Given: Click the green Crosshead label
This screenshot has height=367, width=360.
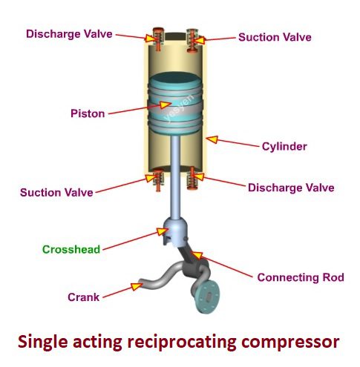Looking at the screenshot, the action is click(x=71, y=249).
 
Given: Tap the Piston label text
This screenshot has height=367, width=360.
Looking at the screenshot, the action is click(x=88, y=113).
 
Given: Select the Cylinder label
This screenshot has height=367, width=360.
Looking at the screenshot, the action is click(x=284, y=147).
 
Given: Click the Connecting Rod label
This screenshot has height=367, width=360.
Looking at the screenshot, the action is click(x=301, y=277).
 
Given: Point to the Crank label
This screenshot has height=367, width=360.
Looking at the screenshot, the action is click(x=84, y=297).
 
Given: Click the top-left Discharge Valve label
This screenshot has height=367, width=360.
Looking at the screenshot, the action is click(x=69, y=34).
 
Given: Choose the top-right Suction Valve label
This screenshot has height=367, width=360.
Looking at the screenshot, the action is click(x=275, y=37).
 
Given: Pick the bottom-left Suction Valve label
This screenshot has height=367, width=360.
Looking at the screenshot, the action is click(x=56, y=193).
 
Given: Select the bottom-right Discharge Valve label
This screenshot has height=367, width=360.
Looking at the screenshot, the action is click(x=291, y=188).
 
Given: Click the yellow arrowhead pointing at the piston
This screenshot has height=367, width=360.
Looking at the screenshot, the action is click(x=165, y=105).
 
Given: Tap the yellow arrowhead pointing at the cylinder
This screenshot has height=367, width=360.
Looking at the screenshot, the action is click(x=212, y=139).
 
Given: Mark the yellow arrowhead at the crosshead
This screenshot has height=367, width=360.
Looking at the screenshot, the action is click(x=162, y=231).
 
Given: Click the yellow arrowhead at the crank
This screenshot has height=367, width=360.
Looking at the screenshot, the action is click(x=137, y=286).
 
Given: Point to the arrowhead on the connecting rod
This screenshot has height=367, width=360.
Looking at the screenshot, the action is click(x=197, y=255).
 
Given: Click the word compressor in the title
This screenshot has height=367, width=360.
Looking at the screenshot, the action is click(x=290, y=343).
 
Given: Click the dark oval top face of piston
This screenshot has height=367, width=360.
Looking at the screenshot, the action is click(x=175, y=78).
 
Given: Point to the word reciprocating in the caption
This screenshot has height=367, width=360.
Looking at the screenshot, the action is click(x=182, y=342).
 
